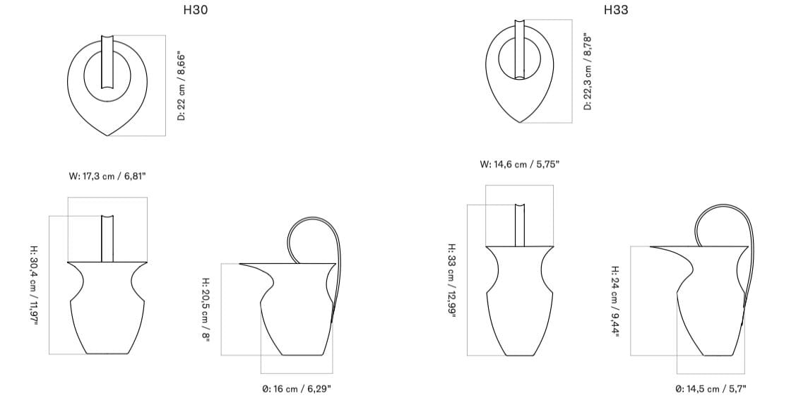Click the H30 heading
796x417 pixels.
[x=196, y=10]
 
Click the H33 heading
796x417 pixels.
[x=616, y=10]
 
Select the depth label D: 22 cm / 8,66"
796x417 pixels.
[x=182, y=85]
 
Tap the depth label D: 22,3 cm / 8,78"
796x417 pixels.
[x=588, y=71]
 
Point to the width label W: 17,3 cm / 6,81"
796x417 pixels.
[x=107, y=176]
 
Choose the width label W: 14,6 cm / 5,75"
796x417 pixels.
[x=520, y=164]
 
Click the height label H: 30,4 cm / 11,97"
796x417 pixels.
[x=33, y=285]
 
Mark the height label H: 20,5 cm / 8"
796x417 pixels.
[x=205, y=310]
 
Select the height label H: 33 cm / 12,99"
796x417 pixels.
[x=452, y=281]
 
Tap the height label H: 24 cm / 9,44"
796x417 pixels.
[x=615, y=301]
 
